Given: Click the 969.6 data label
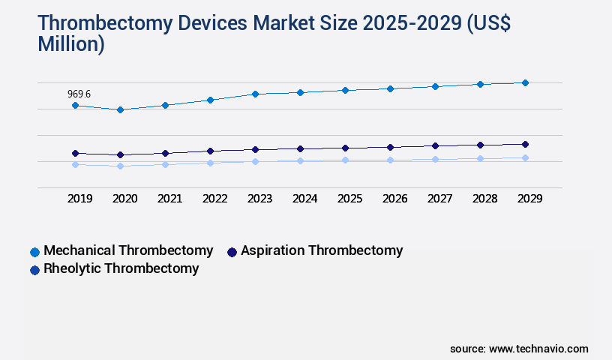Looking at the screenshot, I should pos(79,94).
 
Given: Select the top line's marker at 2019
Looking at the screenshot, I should pos(75,106).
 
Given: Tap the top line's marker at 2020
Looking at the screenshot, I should pos(120,109).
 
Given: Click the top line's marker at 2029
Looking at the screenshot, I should pos(525,82).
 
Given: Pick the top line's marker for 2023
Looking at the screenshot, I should pos(255,94).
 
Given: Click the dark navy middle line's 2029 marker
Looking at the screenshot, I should pos(525,144).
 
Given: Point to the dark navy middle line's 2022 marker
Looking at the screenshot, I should pos(210,151).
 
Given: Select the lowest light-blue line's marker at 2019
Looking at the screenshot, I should pos(75,164).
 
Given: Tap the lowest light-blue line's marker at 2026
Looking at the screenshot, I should pos(390,160).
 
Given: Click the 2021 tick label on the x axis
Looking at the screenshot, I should pos(169,199).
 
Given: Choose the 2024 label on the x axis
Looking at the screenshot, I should pos(304,199).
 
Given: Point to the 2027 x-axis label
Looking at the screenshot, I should pos(439,199).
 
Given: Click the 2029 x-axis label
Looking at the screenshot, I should pos(529,199).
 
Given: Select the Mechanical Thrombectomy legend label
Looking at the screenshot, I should pos(128,250).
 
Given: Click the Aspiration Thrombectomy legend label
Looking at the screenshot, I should pos(322,250).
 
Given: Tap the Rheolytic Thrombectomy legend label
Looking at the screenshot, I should pos(121,268).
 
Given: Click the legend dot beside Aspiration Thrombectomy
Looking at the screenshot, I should pos(232,252).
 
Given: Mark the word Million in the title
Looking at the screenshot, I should pos(71,44).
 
